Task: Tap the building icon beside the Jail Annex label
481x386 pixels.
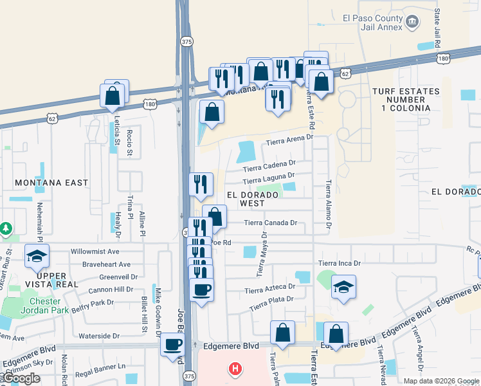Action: [412, 23]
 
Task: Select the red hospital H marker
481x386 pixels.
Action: [235, 369]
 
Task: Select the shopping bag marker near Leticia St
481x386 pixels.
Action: [113, 96]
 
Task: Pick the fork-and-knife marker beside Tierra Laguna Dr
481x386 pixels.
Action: [201, 184]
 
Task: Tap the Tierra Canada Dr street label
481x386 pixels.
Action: [270, 223]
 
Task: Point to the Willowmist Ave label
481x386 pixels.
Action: [95, 252]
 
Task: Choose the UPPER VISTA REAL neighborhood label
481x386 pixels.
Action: [48, 279]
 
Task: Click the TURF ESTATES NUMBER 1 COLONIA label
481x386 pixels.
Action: [406, 100]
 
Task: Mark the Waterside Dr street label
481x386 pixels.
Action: [99, 336]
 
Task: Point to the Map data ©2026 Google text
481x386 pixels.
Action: [440, 381]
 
